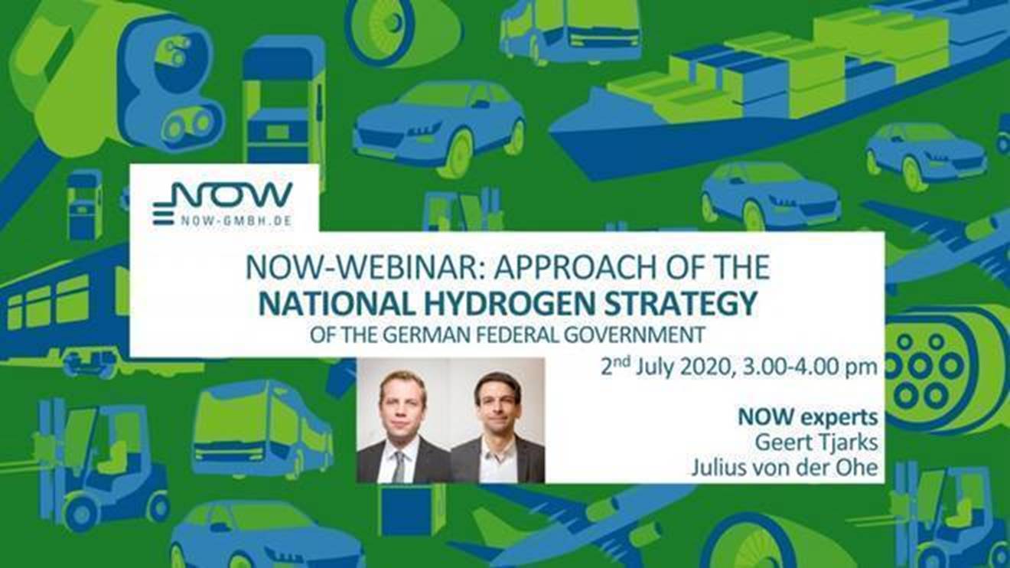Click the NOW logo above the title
[223, 203]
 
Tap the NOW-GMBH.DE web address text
[236, 220]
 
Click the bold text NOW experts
[807, 418]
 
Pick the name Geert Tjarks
[816, 442]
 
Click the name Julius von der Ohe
[784, 468]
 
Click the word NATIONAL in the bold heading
[337, 304]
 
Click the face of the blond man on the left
[401, 408]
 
